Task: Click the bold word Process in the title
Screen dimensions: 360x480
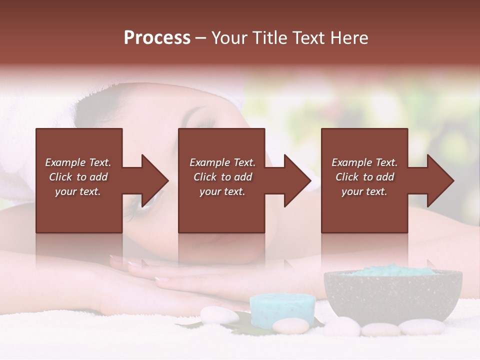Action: coord(157,38)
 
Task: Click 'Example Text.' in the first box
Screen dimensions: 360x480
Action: coord(78,162)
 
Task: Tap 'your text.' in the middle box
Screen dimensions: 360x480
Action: coord(222,191)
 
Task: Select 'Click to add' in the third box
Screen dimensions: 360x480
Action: coord(364,177)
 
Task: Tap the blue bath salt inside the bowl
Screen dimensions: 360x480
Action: coord(392,271)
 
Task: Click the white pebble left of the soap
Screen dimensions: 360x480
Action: coord(219,315)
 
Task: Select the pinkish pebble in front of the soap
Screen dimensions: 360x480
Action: coord(290,326)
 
